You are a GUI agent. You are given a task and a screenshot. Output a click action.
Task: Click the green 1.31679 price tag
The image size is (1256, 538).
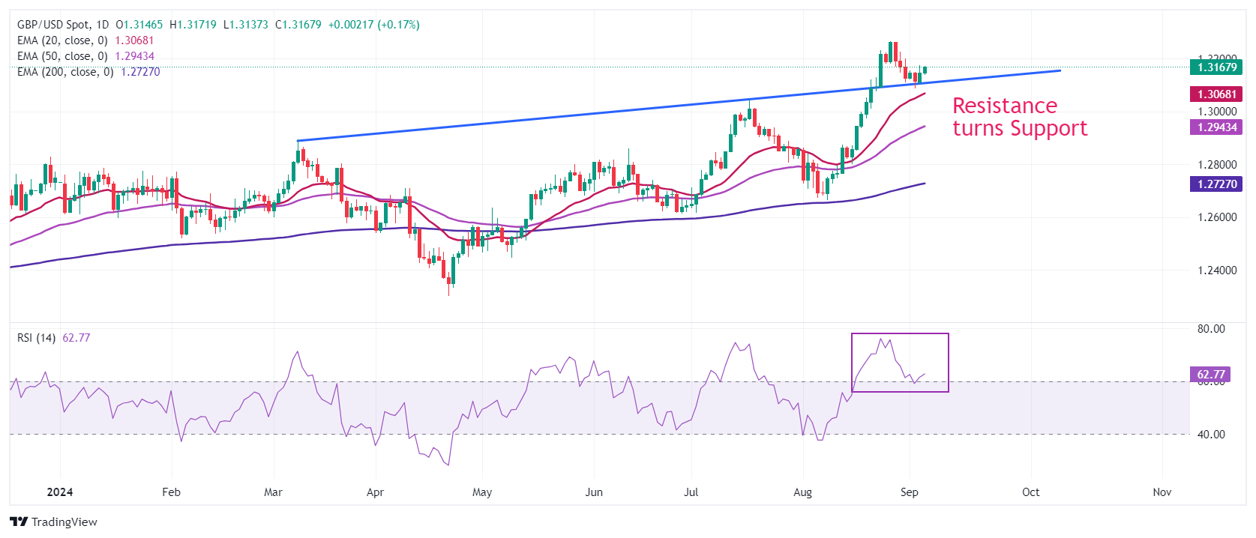[x=1216, y=67]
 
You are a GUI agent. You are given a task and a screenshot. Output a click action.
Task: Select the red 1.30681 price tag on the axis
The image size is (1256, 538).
[x=1216, y=94]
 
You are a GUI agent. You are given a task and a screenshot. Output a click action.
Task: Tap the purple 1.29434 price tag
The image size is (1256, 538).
[x=1216, y=127]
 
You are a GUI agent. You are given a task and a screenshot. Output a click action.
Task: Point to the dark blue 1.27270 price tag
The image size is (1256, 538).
[x=1216, y=184]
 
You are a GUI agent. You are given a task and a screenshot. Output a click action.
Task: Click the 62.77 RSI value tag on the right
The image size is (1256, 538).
[x=1210, y=375]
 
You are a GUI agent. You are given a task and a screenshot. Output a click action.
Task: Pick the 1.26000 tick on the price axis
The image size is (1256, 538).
[x=1216, y=217]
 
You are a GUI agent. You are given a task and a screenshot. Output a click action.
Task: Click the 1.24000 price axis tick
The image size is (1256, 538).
[x=1216, y=270]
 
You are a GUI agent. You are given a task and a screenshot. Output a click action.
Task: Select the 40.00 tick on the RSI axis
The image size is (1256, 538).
[x=1210, y=435]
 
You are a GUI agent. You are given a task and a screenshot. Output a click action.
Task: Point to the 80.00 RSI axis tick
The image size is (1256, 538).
[x=1210, y=329]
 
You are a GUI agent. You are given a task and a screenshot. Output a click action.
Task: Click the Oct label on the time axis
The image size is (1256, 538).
[x=1030, y=492]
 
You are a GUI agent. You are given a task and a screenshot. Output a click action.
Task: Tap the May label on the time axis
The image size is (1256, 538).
[x=482, y=492]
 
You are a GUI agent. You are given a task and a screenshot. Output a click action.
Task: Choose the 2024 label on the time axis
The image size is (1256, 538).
[x=60, y=492]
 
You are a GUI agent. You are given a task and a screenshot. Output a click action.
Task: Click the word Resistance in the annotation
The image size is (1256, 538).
[x=1005, y=106]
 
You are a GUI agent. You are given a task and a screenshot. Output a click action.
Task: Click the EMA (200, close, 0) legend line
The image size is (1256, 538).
[x=65, y=72]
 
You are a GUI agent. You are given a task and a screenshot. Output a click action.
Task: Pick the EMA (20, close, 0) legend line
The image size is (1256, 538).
[x=62, y=40]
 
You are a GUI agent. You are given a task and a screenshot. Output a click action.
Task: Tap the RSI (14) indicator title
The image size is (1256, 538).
[x=36, y=338]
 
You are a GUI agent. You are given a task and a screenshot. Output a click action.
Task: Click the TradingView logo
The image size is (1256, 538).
[x=54, y=522]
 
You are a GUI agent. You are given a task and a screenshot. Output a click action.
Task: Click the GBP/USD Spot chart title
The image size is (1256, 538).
[x=53, y=25]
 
